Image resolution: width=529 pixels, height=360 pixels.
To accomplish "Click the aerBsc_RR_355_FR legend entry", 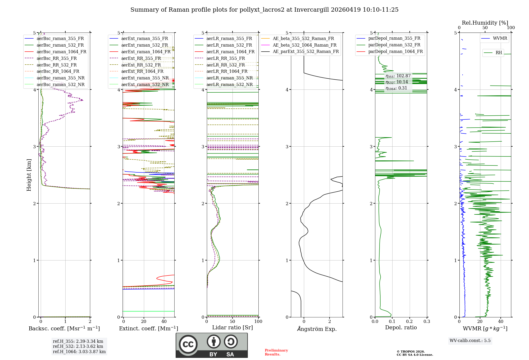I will pos(57,58).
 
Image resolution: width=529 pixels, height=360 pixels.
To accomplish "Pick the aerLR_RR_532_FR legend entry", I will pos(226,65).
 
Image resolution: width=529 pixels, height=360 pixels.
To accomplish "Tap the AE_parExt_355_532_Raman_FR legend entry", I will pos(305,51).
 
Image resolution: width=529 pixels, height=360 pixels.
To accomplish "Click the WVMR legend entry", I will pos(500,38).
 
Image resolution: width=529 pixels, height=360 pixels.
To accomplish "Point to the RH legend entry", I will pos(499,53).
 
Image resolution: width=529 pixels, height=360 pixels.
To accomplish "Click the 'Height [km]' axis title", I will pos(29,175).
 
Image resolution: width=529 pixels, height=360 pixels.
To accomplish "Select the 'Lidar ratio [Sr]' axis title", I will pos(232,327).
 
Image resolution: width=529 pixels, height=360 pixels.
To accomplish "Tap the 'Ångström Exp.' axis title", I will pos(317,329).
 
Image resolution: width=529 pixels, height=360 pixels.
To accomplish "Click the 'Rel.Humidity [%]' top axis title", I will pos(485,23).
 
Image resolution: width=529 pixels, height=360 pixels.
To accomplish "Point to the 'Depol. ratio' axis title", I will pos(401,327).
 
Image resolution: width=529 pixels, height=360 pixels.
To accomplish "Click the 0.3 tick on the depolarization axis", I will pos(427,321).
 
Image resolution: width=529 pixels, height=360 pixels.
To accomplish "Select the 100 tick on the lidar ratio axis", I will pos(258,321).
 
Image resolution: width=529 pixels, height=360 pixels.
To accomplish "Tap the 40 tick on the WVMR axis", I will pos(500,321).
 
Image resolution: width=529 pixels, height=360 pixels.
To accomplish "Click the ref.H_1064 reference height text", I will pos(79,352).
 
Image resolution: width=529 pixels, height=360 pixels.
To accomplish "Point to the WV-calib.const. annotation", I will pos(470,340).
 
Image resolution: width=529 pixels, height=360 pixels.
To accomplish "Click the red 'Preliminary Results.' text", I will pos(276,352).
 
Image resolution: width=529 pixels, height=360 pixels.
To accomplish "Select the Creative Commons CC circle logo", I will pos(188,344).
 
